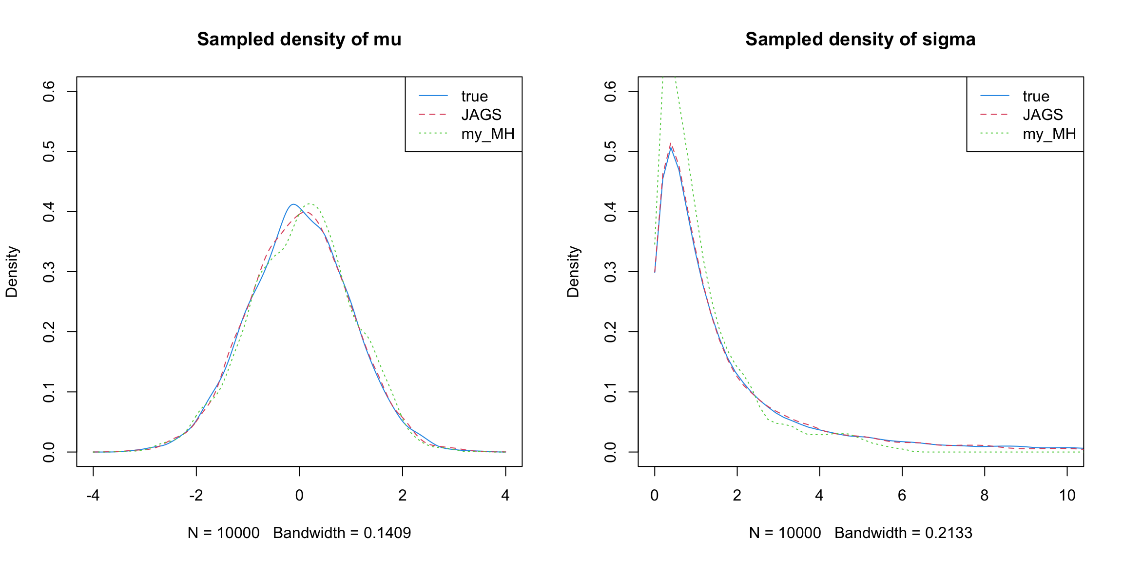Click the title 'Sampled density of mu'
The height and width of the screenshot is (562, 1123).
(x=299, y=40)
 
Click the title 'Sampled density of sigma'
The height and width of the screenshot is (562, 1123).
(x=860, y=40)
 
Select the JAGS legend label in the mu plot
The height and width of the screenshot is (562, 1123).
(x=481, y=115)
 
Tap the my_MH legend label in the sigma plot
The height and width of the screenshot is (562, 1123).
(x=1049, y=134)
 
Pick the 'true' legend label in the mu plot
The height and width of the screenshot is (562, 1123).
(x=474, y=96)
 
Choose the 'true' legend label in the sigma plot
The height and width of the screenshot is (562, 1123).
(x=1036, y=96)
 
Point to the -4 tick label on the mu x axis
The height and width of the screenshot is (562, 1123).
(x=93, y=496)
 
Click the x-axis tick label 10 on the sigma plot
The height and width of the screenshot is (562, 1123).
(x=1067, y=496)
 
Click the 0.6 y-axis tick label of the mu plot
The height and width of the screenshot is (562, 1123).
(x=49, y=91)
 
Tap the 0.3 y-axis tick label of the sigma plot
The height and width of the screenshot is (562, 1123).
(x=611, y=272)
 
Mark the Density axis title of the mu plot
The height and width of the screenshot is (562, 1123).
(x=12, y=272)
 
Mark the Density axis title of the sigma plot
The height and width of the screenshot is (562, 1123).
(x=573, y=272)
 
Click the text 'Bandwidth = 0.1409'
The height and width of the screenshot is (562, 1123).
(x=342, y=533)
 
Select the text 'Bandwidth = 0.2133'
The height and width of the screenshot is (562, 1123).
(x=903, y=533)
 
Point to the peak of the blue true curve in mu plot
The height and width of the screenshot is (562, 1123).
(x=293, y=204)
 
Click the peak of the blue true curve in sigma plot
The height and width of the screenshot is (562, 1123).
(x=671, y=147)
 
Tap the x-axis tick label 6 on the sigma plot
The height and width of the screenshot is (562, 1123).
(x=902, y=496)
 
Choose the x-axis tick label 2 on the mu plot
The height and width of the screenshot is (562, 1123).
(x=402, y=496)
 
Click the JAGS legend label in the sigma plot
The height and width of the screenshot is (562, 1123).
(x=1043, y=115)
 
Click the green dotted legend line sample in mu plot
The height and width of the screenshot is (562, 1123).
(x=433, y=134)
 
